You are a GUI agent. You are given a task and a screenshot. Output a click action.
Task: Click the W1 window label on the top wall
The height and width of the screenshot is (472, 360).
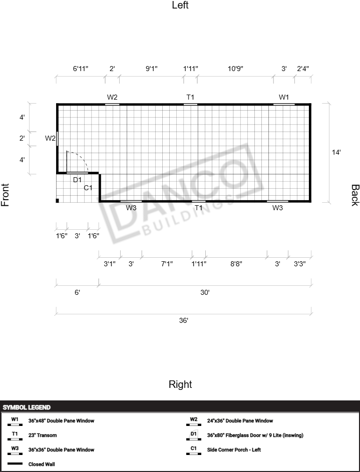click(x=284, y=97)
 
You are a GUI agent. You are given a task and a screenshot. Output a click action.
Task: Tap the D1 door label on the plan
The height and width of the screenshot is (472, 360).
click(x=78, y=180)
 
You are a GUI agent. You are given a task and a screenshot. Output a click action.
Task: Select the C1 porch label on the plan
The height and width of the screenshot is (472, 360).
click(x=88, y=188)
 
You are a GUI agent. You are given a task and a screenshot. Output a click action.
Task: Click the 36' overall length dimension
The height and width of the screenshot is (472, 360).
click(x=184, y=320)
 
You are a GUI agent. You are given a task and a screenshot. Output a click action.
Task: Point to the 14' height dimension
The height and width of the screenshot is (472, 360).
click(x=336, y=152)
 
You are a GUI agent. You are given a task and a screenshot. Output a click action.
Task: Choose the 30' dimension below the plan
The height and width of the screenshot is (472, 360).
click(x=205, y=292)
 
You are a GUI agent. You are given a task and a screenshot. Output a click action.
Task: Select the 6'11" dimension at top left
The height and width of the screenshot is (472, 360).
click(x=81, y=69)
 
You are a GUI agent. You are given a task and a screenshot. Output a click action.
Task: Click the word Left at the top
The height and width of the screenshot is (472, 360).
click(x=180, y=6)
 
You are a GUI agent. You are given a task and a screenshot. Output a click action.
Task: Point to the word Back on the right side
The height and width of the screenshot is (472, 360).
click(x=354, y=195)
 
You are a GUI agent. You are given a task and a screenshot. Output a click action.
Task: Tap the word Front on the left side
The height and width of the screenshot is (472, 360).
click(x=6, y=195)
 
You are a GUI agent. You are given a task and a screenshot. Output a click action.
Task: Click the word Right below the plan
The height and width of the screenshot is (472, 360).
click(x=180, y=384)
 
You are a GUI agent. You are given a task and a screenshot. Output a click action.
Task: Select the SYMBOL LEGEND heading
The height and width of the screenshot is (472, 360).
click(x=27, y=408)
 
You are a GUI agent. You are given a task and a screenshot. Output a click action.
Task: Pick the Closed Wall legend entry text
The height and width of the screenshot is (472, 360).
click(x=42, y=464)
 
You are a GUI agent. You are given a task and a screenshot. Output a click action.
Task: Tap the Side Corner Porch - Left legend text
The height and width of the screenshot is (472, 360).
click(x=234, y=450)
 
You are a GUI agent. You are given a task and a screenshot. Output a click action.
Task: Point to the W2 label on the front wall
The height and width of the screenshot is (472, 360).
click(x=50, y=138)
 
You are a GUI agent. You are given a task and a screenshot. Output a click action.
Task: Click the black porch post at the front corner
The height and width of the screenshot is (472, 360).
click(x=58, y=201)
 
